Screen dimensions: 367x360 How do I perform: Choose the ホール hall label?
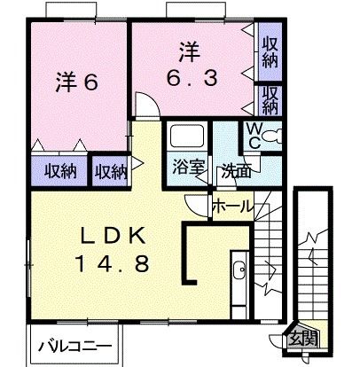(x=233, y=207)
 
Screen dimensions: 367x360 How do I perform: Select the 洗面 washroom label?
(x=236, y=169)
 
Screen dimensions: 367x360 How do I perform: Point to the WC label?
(x=253, y=137)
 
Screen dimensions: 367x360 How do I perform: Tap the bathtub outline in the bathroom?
(x=186, y=137)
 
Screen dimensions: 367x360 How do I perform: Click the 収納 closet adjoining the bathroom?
(x=112, y=168)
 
